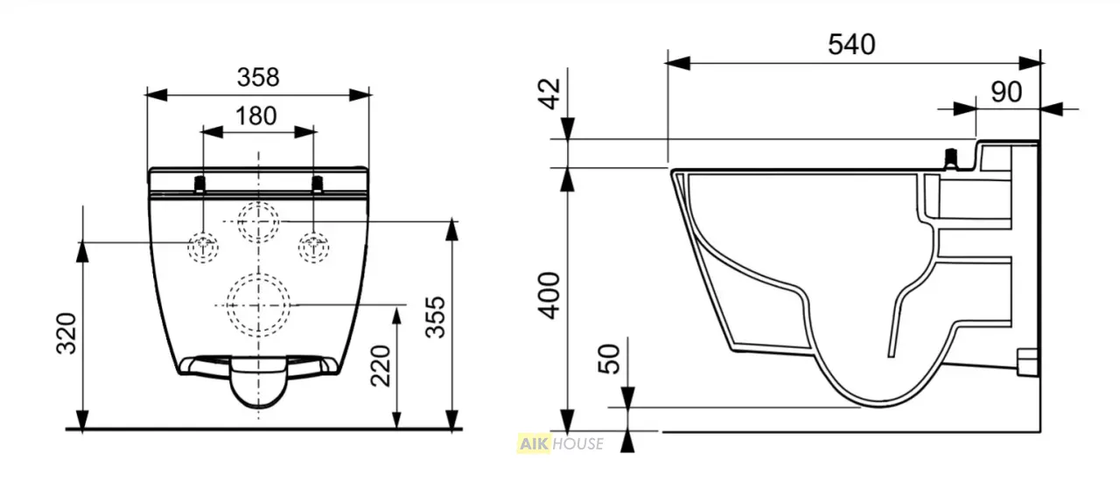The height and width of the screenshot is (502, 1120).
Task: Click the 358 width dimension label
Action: (258, 78)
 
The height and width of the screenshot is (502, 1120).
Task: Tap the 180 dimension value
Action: (256, 116)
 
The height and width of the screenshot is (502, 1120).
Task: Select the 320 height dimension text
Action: (66, 333)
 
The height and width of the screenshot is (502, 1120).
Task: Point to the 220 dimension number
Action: (381, 366)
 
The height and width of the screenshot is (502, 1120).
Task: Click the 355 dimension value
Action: (435, 317)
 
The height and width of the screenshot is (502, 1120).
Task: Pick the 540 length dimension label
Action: (851, 45)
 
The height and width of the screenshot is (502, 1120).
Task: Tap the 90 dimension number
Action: (1006, 92)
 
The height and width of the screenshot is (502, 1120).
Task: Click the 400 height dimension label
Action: (549, 296)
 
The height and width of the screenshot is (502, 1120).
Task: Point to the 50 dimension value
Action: (608, 359)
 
